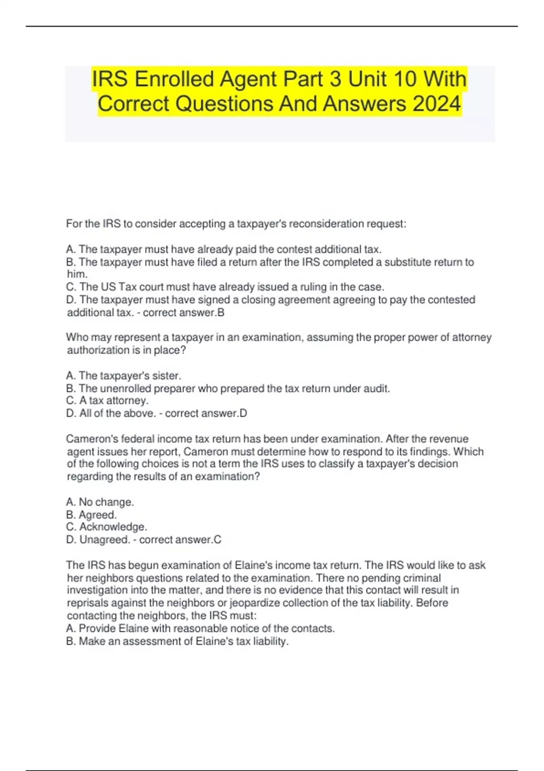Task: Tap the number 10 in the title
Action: tap(405, 79)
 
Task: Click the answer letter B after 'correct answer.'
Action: tap(221, 312)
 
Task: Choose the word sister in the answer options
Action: tap(166, 376)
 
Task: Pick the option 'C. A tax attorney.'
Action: tap(107, 400)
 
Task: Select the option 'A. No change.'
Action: tap(100, 502)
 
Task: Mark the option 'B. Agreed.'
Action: tap(91, 515)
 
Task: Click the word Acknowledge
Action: tap(113, 527)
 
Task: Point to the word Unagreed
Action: tap(105, 540)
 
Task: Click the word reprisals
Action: tap(87, 603)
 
